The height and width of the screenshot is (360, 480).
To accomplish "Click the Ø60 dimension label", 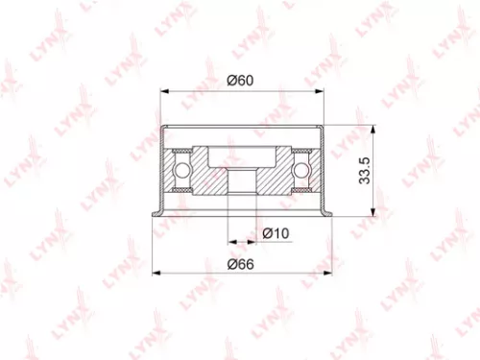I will [x=240, y=81].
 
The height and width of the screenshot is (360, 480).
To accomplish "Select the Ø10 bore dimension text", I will [x=276, y=233].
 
